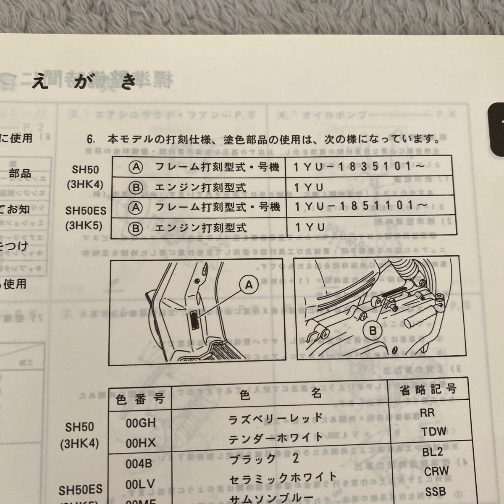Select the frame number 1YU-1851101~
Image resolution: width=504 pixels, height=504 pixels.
(361, 207)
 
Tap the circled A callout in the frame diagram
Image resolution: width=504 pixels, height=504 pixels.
(249, 285)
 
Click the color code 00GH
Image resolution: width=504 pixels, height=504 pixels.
(141, 423)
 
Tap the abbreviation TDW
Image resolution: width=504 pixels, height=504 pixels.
(434, 431)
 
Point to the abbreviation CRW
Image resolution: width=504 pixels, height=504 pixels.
(436, 471)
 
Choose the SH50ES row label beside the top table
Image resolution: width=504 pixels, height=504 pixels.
(86, 210)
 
